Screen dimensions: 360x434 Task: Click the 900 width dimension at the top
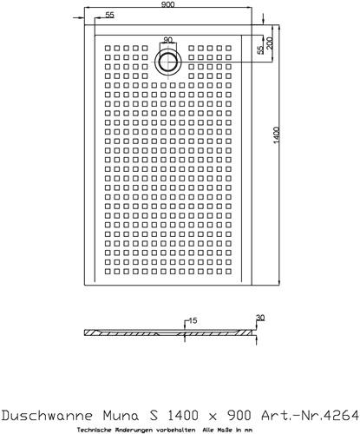(x=167, y=4)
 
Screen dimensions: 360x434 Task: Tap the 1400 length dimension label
(x=277, y=135)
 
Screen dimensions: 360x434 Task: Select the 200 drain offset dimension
(x=270, y=43)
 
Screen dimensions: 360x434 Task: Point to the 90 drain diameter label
(x=167, y=40)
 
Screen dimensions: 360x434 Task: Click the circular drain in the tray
(x=168, y=62)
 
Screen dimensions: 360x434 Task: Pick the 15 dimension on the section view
(x=193, y=320)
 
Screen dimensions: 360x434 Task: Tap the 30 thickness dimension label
(x=260, y=318)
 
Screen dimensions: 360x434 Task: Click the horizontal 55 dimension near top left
(x=109, y=15)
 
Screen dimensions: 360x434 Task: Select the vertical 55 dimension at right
(x=260, y=49)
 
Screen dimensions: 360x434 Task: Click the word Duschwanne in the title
(x=47, y=416)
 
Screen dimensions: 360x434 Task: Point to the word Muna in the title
(x=121, y=416)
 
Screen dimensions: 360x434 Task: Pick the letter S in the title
(x=154, y=416)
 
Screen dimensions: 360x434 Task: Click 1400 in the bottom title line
(x=183, y=416)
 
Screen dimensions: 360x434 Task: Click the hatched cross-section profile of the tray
(x=168, y=332)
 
